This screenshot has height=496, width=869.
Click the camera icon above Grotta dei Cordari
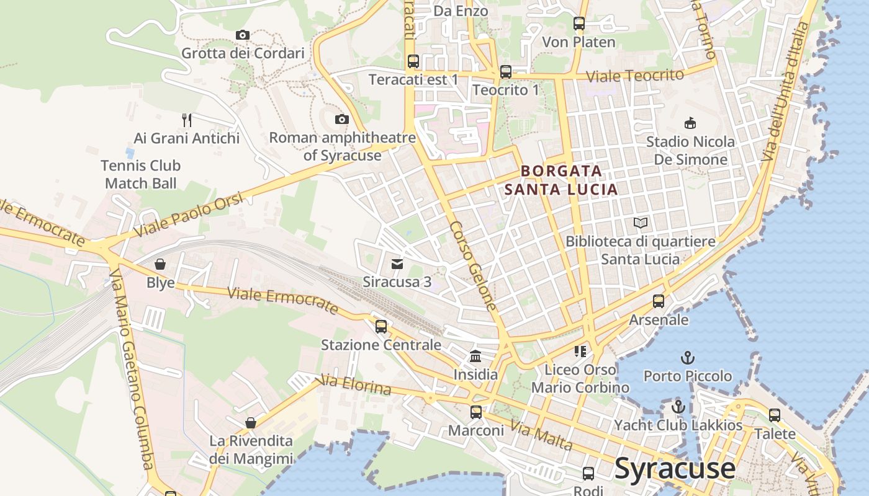(x=243, y=35)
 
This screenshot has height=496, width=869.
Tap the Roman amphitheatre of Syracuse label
(x=342, y=146)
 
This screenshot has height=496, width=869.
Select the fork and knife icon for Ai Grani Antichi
(x=187, y=120)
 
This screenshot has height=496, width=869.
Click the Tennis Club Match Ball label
(x=141, y=174)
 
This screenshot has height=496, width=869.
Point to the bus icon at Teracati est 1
(x=413, y=61)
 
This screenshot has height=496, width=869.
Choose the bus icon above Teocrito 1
(x=506, y=72)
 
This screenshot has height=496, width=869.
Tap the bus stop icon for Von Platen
(x=579, y=24)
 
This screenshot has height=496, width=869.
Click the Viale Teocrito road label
(x=635, y=76)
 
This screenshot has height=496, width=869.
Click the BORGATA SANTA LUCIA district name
(x=561, y=180)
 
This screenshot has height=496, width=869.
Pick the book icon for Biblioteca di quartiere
(x=641, y=223)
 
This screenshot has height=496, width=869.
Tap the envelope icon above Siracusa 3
(x=397, y=264)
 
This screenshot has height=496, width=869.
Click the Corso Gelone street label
(x=474, y=266)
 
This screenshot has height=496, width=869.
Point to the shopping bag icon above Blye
(x=160, y=265)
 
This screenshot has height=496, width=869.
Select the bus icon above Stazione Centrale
(x=381, y=326)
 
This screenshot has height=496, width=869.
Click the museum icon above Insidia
(x=475, y=356)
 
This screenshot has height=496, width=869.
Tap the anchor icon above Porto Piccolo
(x=687, y=358)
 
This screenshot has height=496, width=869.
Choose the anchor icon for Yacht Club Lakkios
(x=678, y=407)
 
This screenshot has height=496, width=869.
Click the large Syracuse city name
(x=675, y=468)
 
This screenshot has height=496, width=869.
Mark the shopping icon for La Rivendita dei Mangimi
(x=251, y=423)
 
